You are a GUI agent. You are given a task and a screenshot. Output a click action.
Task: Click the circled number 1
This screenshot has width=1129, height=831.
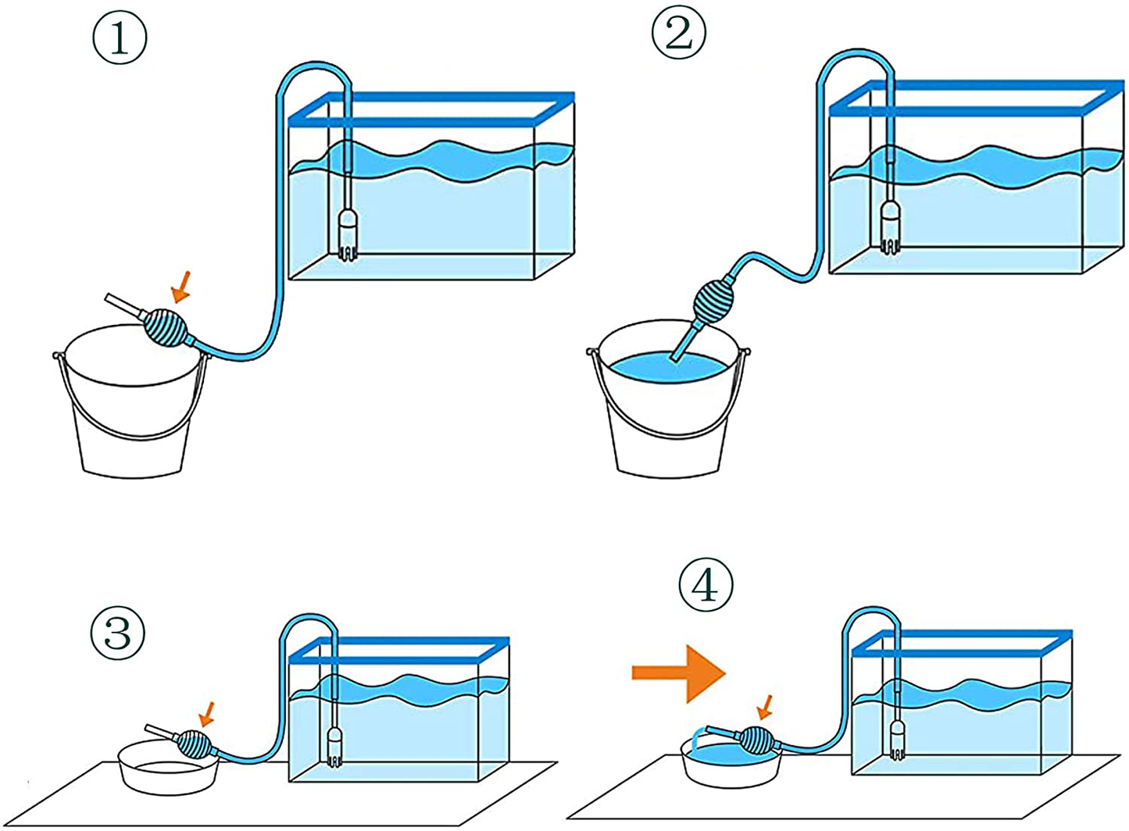[x=120, y=37]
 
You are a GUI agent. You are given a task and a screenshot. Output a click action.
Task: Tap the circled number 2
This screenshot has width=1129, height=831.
[x=678, y=33]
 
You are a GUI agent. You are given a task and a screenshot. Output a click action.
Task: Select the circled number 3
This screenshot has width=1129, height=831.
[x=118, y=632]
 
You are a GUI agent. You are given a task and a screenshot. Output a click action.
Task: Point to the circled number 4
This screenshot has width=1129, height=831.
[x=706, y=585]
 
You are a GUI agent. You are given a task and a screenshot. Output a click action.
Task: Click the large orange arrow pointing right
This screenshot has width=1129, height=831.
[x=678, y=672]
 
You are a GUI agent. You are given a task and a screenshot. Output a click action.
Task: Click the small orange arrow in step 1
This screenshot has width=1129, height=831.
[x=181, y=286]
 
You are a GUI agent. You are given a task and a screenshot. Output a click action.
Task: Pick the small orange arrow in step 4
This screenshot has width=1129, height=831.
[x=766, y=708]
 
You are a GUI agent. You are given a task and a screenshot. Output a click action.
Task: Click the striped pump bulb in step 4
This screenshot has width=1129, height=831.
[x=756, y=740]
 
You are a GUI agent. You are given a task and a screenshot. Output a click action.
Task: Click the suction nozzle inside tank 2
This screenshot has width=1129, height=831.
[x=890, y=226]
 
